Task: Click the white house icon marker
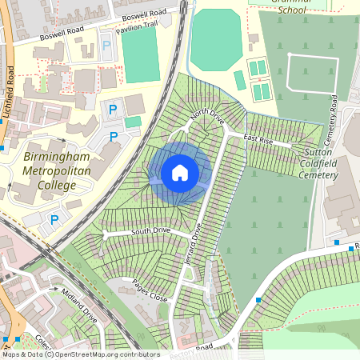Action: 180,172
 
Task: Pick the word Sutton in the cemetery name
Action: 318,151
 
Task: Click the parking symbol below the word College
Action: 54,219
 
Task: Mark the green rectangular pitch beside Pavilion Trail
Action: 140,56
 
